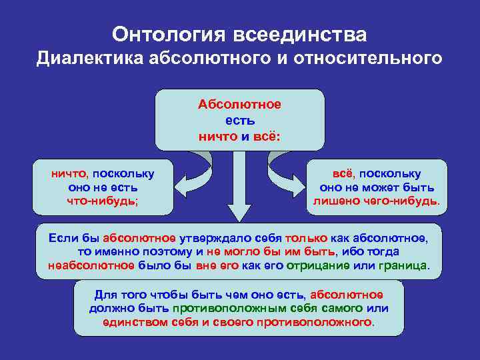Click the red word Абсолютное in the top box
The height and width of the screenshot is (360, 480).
(x=239, y=105)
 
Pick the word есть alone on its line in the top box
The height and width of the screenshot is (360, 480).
(x=239, y=121)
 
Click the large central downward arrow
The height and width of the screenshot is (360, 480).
(x=239, y=193)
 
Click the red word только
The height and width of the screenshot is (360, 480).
(x=306, y=237)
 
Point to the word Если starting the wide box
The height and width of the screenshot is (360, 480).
(x=62, y=237)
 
